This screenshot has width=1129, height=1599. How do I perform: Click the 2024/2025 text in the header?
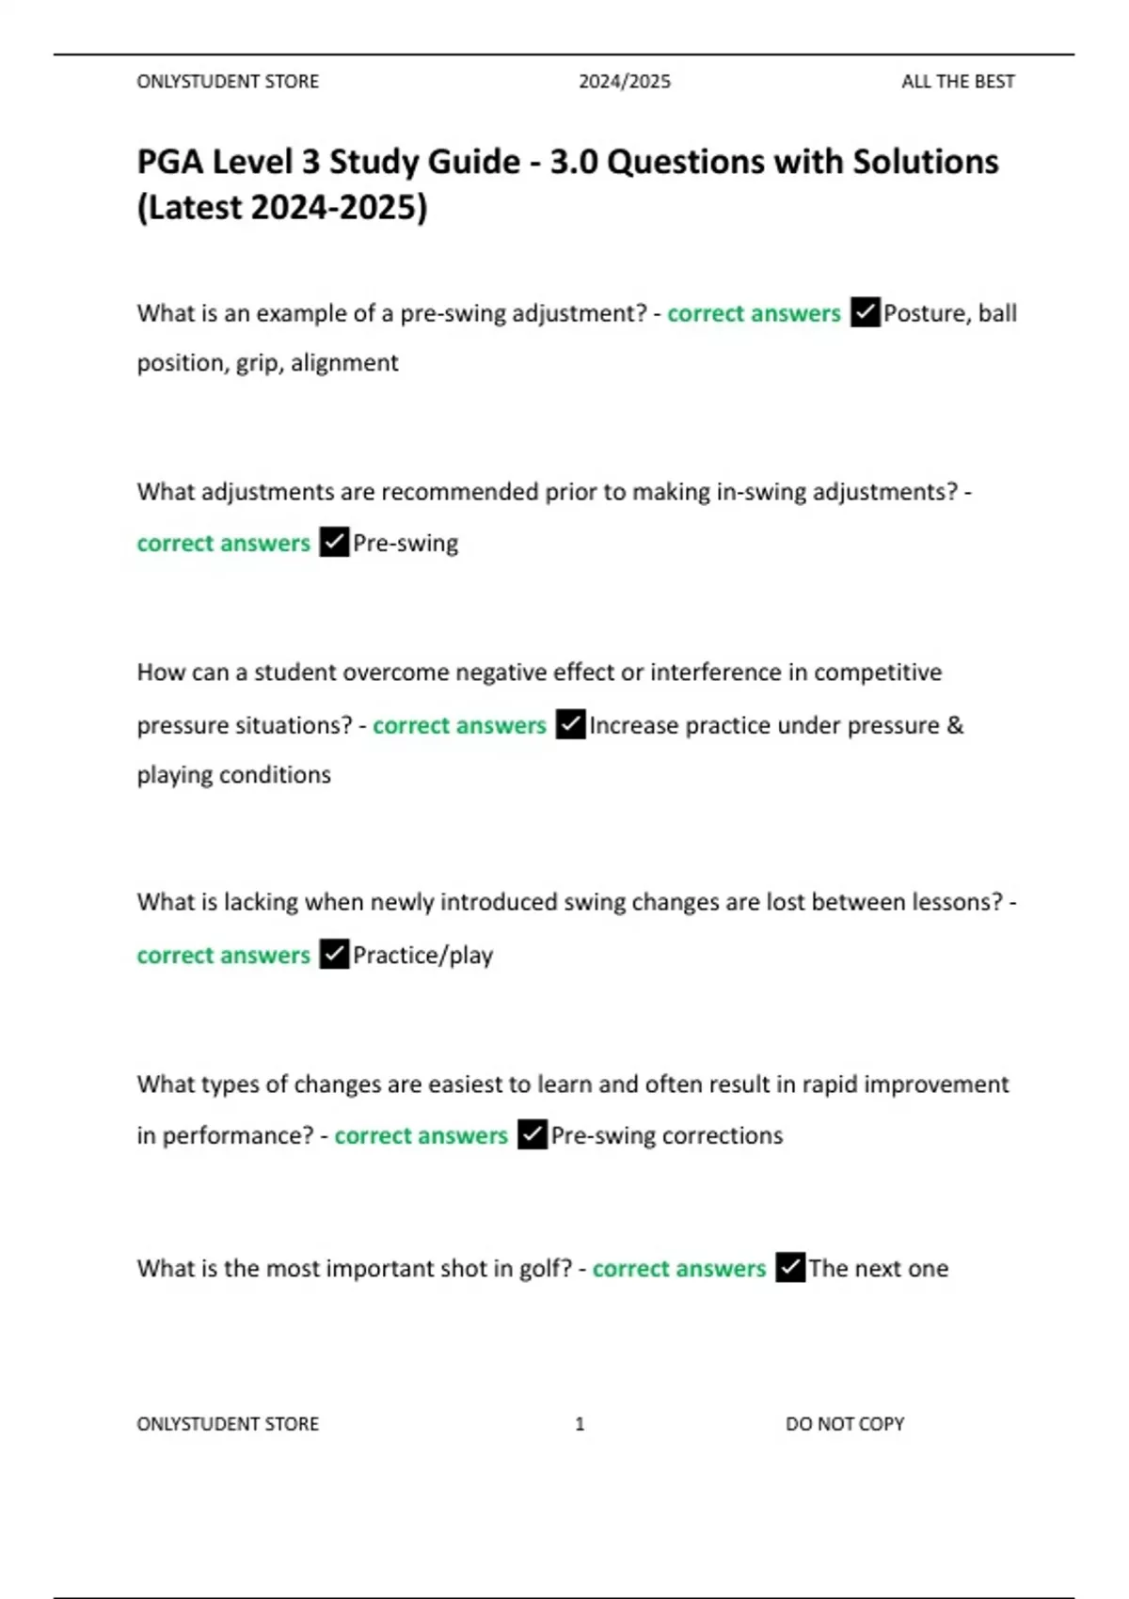pos(625,82)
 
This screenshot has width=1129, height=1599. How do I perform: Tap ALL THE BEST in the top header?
pos(958,82)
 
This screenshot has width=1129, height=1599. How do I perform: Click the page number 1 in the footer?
pos(580,1424)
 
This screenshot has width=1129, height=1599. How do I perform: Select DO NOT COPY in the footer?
pos(845,1424)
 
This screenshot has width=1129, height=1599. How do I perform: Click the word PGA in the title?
pos(170,162)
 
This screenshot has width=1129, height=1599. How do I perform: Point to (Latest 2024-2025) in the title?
pos(282,207)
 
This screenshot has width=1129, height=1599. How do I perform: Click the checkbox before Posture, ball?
pos(865,312)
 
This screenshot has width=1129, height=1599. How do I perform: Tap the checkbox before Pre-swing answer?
pos(334,543)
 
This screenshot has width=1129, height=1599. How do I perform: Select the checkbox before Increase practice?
pos(570,725)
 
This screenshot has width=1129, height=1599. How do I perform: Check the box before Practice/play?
pos(334,955)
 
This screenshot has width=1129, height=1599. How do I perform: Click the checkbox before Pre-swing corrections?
pos(532,1135)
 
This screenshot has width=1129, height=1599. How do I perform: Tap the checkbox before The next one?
pos(790,1268)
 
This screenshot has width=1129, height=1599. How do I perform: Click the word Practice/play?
pos(422,956)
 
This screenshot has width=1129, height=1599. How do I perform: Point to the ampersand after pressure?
pos(955,725)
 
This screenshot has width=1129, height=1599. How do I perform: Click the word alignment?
pos(344,363)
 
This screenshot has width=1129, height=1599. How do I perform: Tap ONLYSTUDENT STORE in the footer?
pos(228,1424)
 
